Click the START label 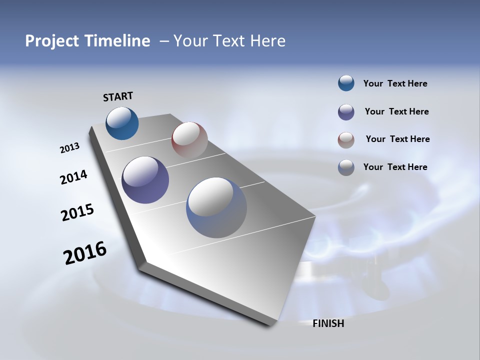point(118,96)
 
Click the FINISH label point(328,323)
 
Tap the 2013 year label point(70,148)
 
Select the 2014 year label point(73,177)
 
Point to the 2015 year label point(77,213)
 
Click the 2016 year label point(85,253)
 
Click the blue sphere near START point(122,123)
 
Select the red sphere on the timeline point(189,140)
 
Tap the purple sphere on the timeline point(145,180)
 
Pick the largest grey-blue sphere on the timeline point(216,207)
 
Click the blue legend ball point(346,83)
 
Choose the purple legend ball point(346,112)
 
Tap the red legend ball point(346,140)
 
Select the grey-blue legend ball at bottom point(346,167)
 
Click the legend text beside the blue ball point(395,83)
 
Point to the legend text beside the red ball point(397,139)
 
